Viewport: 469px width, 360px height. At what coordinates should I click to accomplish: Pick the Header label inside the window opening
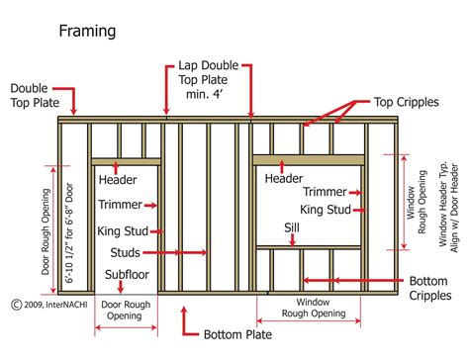tap(284, 178)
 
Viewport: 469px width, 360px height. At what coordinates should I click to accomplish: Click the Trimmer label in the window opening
tap(324, 191)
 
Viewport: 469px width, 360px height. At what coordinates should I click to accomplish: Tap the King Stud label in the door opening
tap(123, 231)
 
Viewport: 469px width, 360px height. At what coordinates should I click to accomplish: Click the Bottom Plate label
tap(236, 333)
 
